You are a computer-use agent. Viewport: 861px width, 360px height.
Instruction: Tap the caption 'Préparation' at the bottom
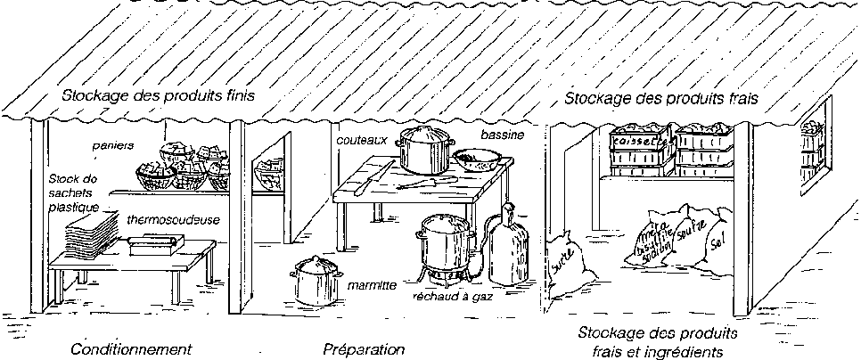click(x=364, y=348)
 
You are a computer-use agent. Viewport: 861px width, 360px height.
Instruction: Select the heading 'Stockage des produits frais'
click(x=661, y=100)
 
